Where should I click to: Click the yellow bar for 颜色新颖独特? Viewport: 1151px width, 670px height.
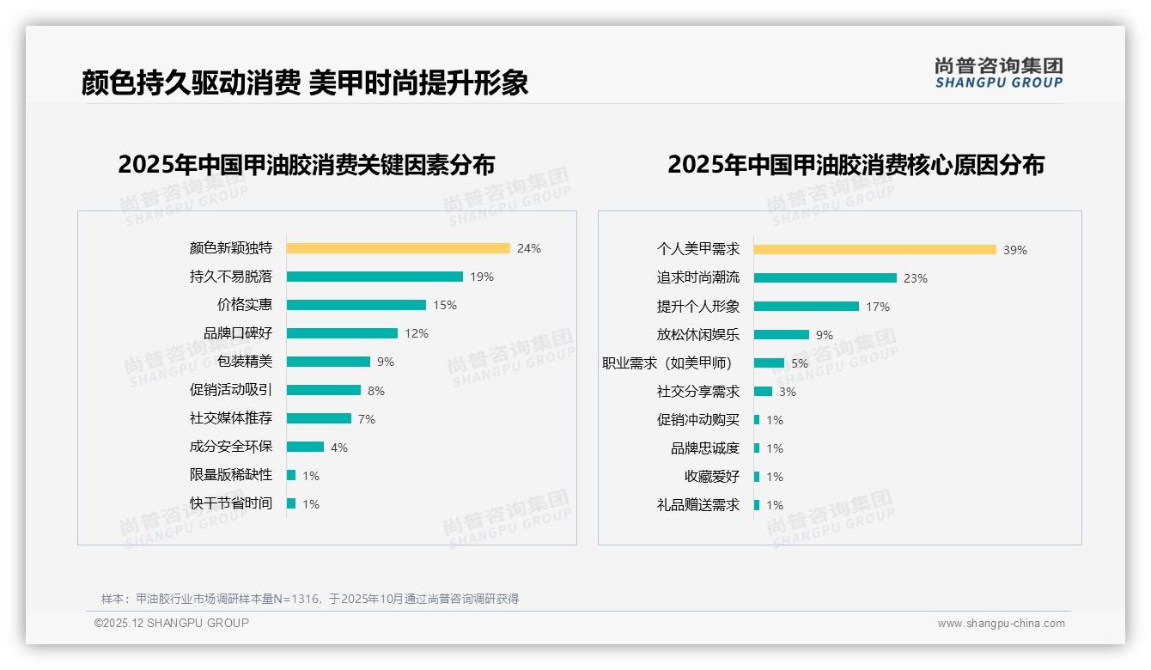398,248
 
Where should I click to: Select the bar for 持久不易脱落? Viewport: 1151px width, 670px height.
375,277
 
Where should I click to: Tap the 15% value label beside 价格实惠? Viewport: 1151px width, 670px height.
445,305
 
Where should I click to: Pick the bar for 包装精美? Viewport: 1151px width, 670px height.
328,362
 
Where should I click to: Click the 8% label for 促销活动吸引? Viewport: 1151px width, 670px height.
376,391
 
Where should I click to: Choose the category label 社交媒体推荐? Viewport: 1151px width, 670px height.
231,418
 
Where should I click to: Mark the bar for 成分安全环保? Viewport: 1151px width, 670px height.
305,447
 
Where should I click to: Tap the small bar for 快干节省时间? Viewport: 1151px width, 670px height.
291,503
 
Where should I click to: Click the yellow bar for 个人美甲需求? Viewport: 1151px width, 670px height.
874,250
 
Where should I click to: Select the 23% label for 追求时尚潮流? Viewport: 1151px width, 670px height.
916,278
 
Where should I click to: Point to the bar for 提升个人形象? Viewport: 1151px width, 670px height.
806,307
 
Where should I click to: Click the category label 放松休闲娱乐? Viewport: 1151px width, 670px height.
698,335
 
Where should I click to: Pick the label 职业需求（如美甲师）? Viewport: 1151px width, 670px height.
667,363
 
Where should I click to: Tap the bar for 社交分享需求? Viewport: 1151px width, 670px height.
763,392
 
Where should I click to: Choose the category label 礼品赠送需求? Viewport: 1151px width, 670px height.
698,505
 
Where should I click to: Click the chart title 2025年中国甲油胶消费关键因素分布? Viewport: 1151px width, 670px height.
307,164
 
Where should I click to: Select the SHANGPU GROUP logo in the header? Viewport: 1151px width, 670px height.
999,73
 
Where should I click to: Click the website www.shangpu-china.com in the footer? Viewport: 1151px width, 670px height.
1001,624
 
